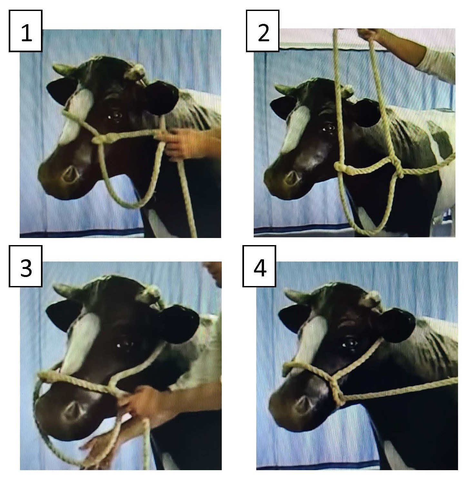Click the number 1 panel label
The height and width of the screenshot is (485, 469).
pyautogui.click(x=25, y=31)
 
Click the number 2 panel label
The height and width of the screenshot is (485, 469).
pyautogui.click(x=263, y=31)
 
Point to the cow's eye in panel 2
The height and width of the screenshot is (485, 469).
pyautogui.click(x=328, y=128)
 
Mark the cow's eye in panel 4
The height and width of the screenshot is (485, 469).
pyautogui.click(x=349, y=343)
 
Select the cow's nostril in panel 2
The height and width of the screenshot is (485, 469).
pyautogui.click(x=292, y=177)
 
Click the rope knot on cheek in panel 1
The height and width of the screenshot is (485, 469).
pyautogui.click(x=100, y=139)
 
